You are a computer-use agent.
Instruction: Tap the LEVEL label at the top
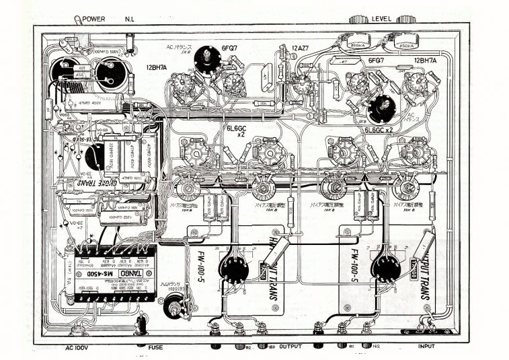(x=382, y=19)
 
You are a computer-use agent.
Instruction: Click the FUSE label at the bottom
(x=156, y=347)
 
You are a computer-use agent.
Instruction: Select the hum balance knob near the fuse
(x=176, y=309)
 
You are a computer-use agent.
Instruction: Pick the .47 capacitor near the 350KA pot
(x=346, y=61)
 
